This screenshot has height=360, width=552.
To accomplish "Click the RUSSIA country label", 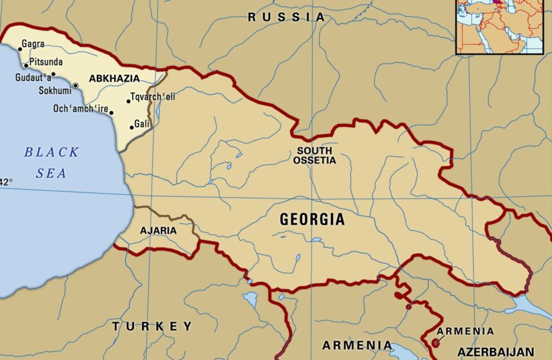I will (287, 17).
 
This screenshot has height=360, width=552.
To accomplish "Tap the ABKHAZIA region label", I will (114, 78).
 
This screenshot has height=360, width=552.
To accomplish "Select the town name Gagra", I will (33, 44).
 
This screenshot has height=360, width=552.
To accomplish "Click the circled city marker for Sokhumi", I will (75, 85).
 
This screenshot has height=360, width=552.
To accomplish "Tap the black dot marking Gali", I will (132, 127).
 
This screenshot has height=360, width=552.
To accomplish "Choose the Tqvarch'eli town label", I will (152, 98).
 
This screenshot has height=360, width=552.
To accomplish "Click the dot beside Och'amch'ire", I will (112, 113).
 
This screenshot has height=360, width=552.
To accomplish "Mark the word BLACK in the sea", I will (51, 153).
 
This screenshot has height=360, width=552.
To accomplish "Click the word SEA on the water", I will (51, 173).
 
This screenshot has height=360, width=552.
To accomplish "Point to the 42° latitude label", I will (6, 182).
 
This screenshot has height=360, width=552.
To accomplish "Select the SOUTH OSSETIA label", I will (315, 155).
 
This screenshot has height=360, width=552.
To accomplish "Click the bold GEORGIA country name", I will (312, 219).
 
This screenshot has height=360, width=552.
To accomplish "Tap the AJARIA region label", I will (158, 230).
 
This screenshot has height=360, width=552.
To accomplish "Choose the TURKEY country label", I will (152, 326).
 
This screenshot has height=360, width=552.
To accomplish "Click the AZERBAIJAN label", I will (495, 352).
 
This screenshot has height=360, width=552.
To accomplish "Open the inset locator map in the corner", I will (503, 26).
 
